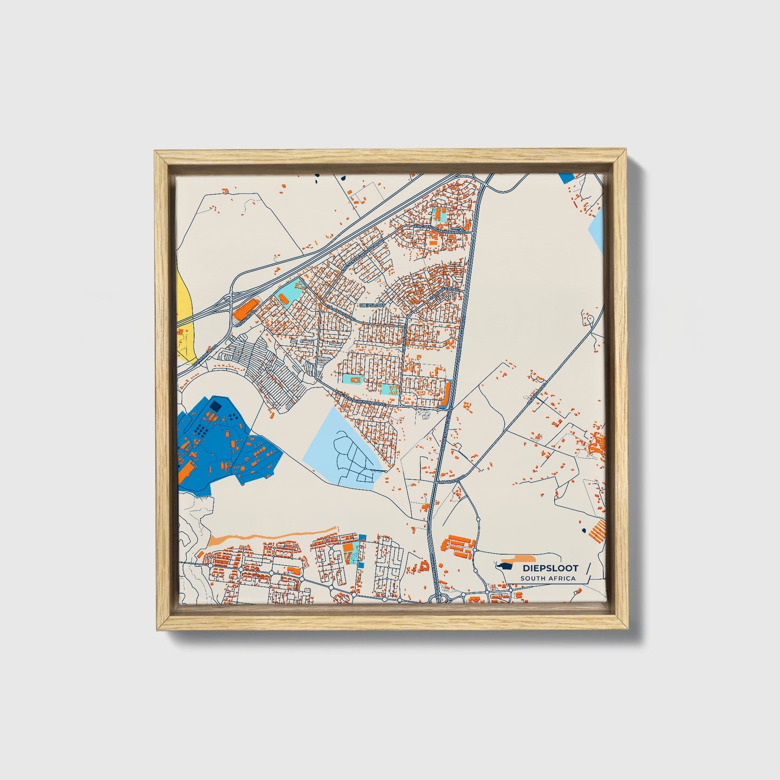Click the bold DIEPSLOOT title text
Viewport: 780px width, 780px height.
550,568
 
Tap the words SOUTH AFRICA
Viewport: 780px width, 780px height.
547,579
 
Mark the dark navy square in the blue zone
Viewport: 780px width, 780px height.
215,405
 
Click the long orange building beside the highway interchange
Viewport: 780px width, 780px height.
245,310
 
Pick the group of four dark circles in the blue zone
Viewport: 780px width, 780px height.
233,417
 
